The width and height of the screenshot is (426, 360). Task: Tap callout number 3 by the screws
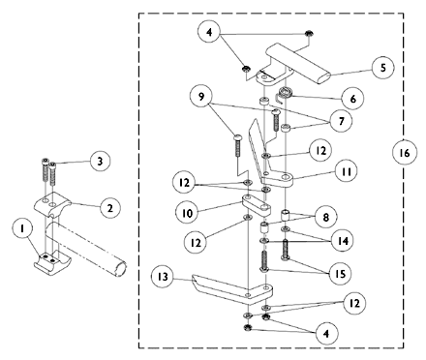coord(97,161)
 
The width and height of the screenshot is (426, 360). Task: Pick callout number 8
coord(331,218)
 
